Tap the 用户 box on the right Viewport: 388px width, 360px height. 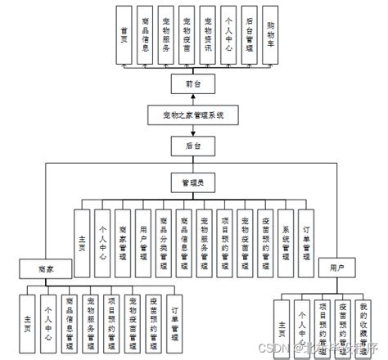point(336,268)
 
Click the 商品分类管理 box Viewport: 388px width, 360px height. point(164,238)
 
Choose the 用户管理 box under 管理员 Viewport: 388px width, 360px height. point(143,238)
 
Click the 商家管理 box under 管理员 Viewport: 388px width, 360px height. point(123,238)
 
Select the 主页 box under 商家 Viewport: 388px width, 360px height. point(29,321)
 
